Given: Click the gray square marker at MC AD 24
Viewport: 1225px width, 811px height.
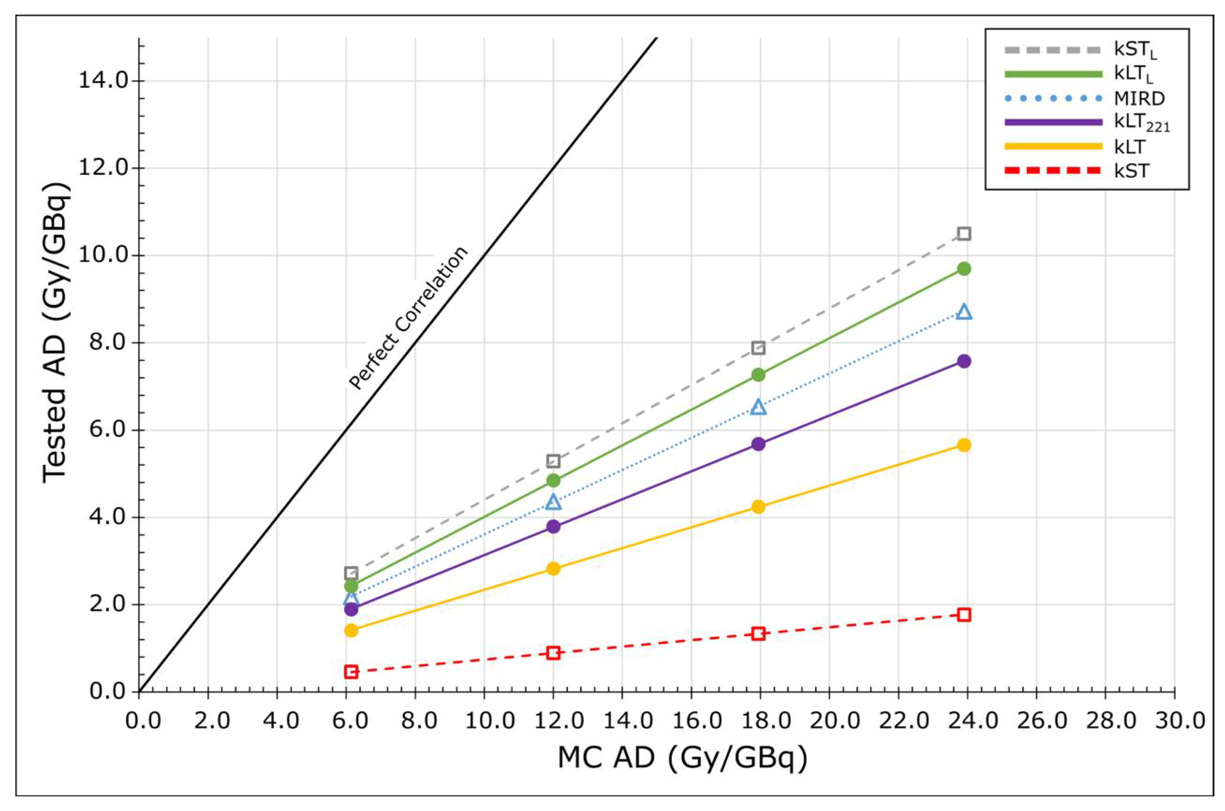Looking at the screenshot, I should (x=963, y=234).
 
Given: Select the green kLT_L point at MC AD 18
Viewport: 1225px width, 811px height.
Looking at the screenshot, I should (x=758, y=375).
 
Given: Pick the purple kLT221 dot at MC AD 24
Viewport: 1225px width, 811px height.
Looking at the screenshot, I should (x=963, y=361).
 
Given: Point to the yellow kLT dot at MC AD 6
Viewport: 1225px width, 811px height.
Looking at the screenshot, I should (x=351, y=630).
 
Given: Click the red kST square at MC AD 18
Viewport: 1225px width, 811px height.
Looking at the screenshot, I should (x=758, y=634).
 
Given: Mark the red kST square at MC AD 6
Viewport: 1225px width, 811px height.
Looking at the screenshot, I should (x=351, y=672).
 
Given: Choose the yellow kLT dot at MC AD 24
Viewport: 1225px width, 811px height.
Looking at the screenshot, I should (x=963, y=445).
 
